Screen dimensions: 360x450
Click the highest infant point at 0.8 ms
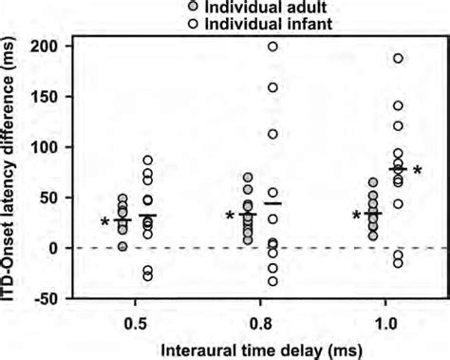(x=273, y=47)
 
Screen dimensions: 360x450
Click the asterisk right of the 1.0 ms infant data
(x=418, y=172)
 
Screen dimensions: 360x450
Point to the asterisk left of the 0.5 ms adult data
(x=105, y=223)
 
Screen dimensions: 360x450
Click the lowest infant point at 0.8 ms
(x=273, y=281)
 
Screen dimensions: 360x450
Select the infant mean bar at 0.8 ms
(x=273, y=203)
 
